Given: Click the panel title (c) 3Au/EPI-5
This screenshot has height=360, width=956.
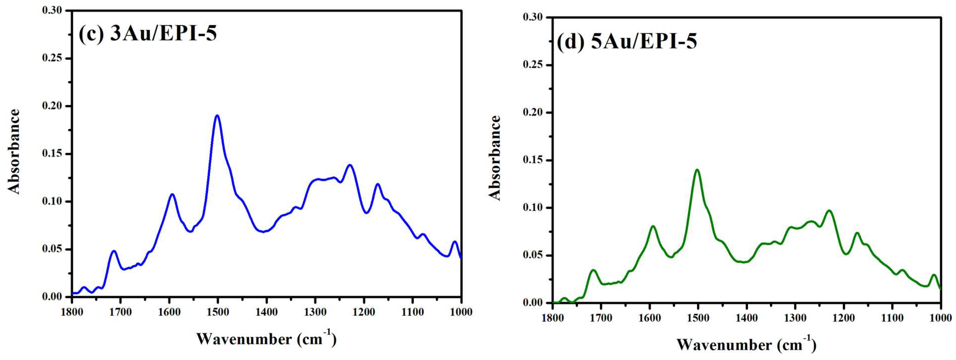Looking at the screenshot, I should pyautogui.click(x=147, y=34).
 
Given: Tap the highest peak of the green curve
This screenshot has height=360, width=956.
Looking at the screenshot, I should pyautogui.click(x=697, y=170).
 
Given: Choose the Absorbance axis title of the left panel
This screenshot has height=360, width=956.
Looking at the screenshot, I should pyautogui.click(x=14, y=152).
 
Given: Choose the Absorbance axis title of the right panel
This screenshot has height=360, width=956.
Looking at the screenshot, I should pyautogui.click(x=495, y=158).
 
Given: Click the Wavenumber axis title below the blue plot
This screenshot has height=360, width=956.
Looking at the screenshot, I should pyautogui.click(x=266, y=339).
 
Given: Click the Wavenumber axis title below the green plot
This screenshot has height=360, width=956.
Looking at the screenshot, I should pyautogui.click(x=746, y=345).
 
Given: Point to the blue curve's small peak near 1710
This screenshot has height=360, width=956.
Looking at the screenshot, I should pyautogui.click(x=114, y=251).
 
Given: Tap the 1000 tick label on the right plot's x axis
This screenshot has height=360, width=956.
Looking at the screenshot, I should pyautogui.click(x=941, y=319).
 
